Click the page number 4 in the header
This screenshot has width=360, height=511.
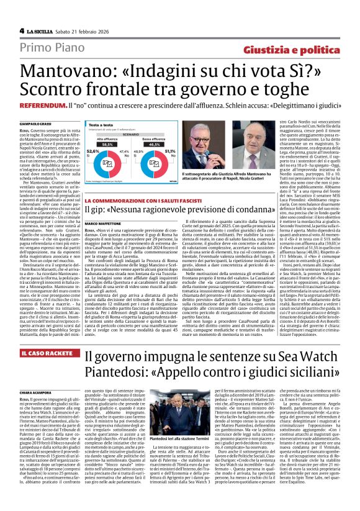[21, 30]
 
